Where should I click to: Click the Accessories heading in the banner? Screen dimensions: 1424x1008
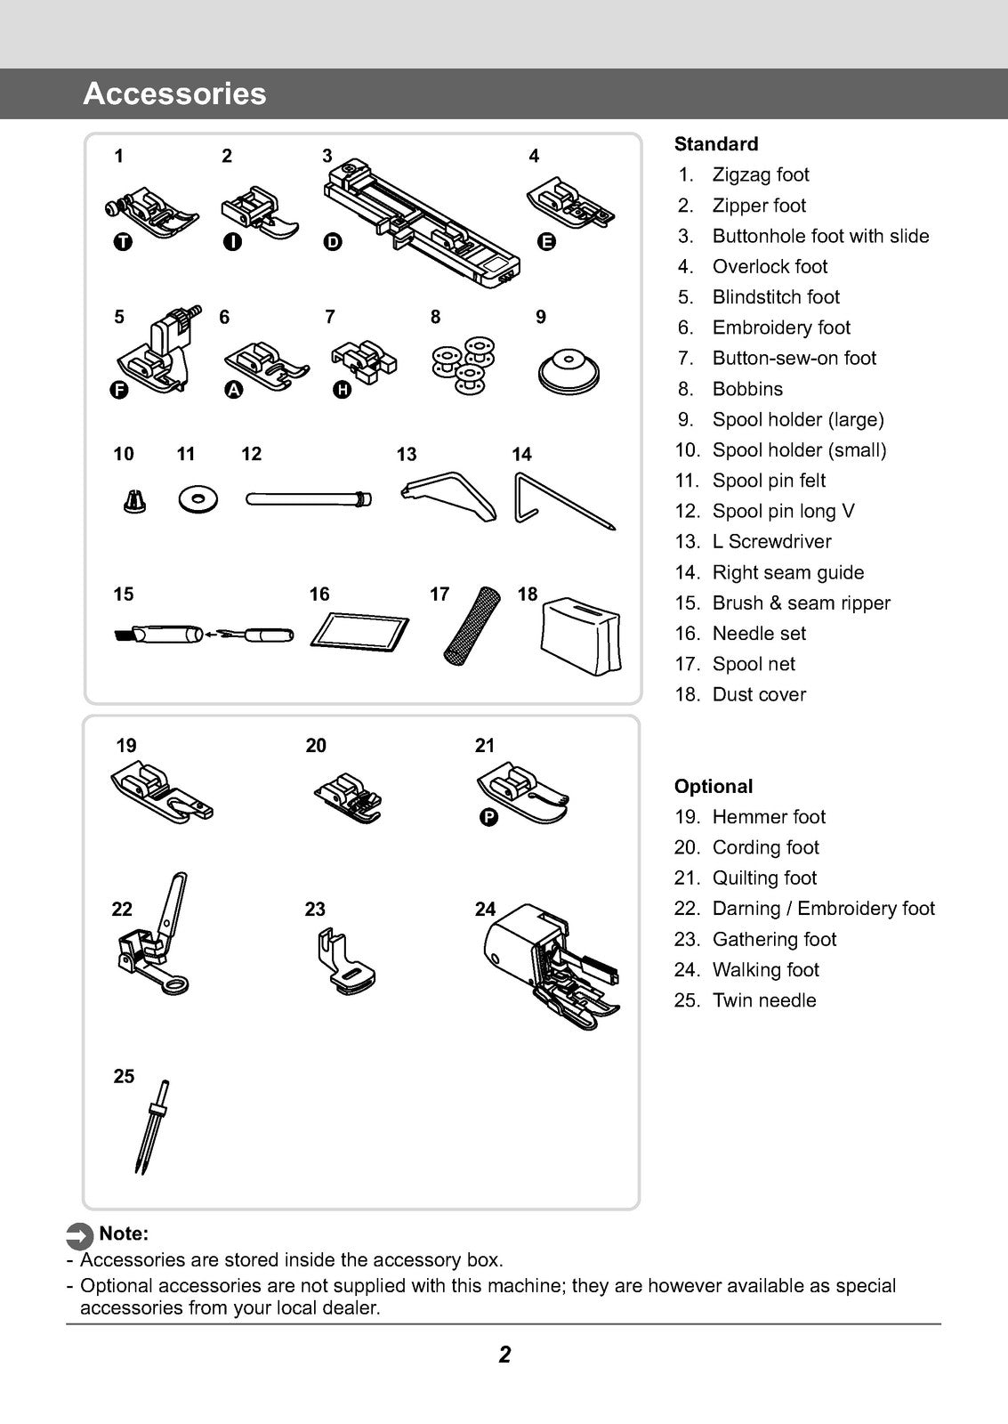(174, 93)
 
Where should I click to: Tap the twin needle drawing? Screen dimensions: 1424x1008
(150, 1126)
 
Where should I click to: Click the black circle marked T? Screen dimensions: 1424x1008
(124, 241)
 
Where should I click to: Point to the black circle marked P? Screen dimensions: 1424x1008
(488, 817)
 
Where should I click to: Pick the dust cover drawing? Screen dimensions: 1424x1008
(580, 635)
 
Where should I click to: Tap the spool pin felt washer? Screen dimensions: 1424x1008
(197, 499)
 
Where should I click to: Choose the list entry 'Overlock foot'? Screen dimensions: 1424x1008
(770, 266)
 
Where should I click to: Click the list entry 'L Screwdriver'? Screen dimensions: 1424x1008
(771, 541)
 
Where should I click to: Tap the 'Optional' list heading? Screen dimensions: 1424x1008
(714, 786)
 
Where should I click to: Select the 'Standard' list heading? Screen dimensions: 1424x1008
(716, 144)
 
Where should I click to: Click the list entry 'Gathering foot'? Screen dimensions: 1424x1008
(774, 939)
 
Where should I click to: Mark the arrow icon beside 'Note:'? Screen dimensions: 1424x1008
(80, 1235)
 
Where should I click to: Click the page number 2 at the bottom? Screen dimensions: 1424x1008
(504, 1355)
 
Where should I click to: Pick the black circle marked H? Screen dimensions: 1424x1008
(342, 390)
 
